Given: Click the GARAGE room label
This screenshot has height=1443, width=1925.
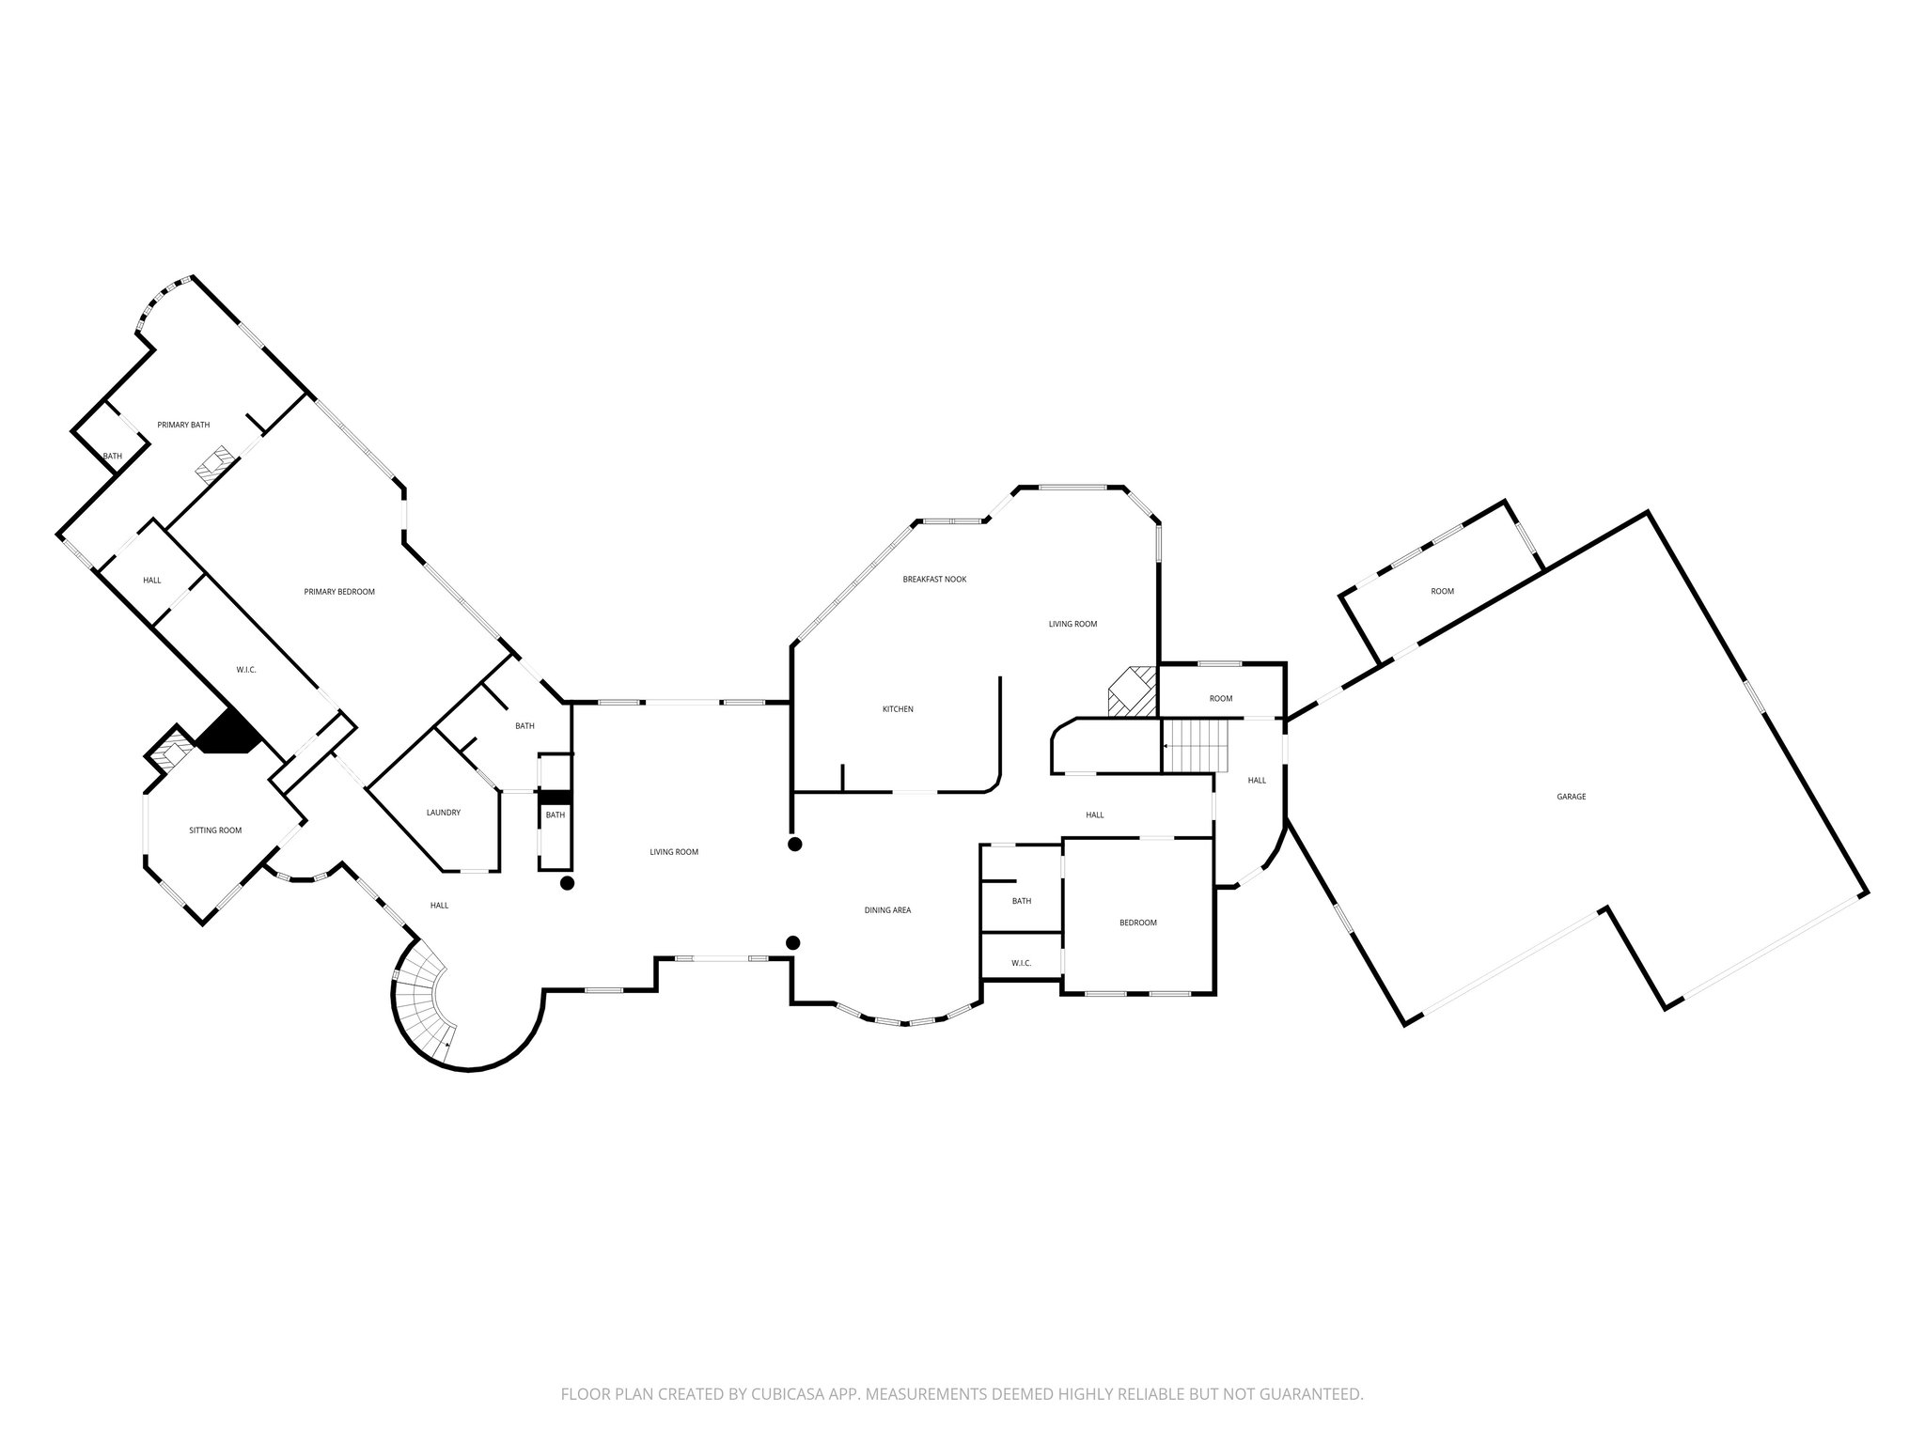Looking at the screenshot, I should pyautogui.click(x=1571, y=797).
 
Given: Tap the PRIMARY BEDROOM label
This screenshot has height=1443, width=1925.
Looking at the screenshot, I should pyautogui.click(x=339, y=592).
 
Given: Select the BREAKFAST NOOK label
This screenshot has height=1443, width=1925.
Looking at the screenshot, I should pyautogui.click(x=934, y=580).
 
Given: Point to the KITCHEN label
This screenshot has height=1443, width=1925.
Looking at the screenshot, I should pyautogui.click(x=898, y=709).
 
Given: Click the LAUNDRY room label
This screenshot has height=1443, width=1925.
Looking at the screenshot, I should pyautogui.click(x=443, y=813).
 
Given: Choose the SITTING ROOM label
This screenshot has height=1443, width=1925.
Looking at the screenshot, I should pyautogui.click(x=215, y=830).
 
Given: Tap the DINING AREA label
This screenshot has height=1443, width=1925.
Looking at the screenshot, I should pyautogui.click(x=887, y=910).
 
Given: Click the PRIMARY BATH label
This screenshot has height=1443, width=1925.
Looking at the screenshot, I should pyautogui.click(x=183, y=425).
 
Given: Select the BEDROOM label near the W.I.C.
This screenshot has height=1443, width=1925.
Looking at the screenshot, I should pyautogui.click(x=1137, y=923).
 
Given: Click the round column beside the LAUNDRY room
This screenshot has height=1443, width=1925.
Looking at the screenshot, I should pyautogui.click(x=567, y=883).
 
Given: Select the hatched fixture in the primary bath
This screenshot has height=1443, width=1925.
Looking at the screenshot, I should pyautogui.click(x=212, y=466).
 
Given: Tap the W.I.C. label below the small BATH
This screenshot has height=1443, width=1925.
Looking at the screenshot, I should pyautogui.click(x=1021, y=963).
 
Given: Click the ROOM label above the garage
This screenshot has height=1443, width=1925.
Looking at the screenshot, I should pyautogui.click(x=1442, y=591).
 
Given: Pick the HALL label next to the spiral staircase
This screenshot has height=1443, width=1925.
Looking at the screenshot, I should pyautogui.click(x=439, y=906).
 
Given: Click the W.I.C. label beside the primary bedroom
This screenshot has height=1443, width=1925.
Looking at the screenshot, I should pyautogui.click(x=246, y=670).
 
